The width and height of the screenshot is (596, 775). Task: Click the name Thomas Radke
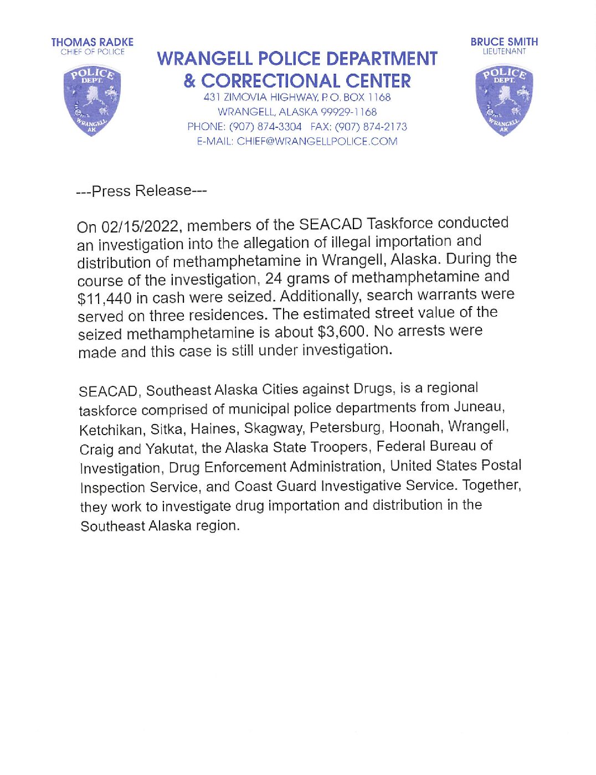click(x=92, y=42)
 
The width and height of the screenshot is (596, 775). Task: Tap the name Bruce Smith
click(x=503, y=42)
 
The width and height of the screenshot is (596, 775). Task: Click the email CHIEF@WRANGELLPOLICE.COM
click(x=317, y=141)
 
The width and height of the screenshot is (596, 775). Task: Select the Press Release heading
click(x=141, y=191)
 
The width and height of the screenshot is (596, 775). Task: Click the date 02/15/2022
click(x=139, y=226)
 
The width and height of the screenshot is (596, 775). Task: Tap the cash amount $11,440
click(x=104, y=298)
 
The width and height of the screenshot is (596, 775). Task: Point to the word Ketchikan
click(x=111, y=430)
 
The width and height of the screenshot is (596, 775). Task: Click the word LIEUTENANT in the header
click(x=503, y=51)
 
